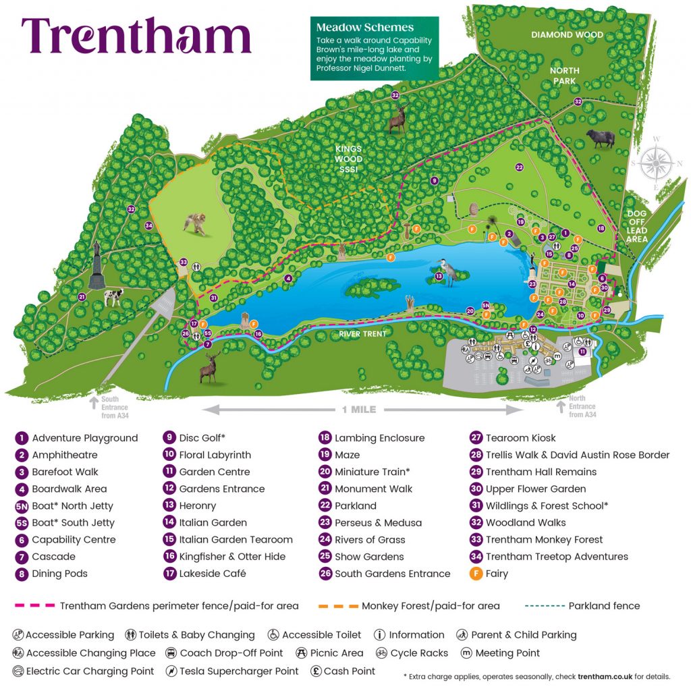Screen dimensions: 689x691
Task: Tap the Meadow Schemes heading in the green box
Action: click(x=364, y=28)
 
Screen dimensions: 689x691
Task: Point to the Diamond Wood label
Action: click(x=567, y=34)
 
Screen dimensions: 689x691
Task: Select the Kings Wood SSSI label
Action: click(x=349, y=159)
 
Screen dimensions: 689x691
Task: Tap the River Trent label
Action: click(x=363, y=333)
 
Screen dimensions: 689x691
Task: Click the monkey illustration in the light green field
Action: click(x=195, y=223)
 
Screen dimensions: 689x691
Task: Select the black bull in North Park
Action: click(x=600, y=138)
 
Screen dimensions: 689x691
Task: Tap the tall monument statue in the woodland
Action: click(x=96, y=264)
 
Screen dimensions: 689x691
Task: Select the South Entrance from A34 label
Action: click(x=115, y=407)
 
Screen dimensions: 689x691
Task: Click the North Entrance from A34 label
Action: click(x=582, y=406)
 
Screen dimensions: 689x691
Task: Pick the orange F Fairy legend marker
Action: click(x=476, y=574)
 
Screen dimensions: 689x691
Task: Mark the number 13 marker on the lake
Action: click(x=438, y=276)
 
